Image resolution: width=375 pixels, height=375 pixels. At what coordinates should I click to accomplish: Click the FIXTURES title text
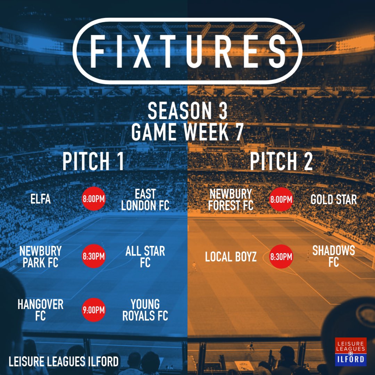[187, 51]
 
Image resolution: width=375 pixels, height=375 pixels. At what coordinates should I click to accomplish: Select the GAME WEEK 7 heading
[187, 132]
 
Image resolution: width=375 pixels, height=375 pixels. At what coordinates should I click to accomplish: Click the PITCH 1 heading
[93, 161]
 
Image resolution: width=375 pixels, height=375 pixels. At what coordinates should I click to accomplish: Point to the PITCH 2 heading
[281, 161]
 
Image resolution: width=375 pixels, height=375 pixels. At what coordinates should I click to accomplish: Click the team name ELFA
[40, 199]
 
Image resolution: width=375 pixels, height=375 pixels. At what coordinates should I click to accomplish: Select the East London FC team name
[145, 199]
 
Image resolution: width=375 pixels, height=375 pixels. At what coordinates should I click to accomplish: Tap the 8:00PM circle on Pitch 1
[93, 199]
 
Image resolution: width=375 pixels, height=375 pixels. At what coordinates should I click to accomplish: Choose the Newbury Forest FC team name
[231, 199]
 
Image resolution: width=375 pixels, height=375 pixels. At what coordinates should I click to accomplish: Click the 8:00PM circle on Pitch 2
[281, 199]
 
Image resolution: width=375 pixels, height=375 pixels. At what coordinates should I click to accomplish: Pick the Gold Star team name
[333, 199]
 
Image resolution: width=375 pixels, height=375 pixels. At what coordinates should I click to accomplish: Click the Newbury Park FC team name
[40, 257]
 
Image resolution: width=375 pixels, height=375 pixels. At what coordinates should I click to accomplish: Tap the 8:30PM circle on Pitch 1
[93, 257]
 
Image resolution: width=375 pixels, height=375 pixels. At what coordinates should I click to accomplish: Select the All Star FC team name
[145, 257]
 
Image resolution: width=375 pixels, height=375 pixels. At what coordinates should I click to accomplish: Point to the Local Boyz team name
[231, 257]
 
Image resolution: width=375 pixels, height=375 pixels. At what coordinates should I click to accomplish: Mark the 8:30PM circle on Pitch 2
[281, 257]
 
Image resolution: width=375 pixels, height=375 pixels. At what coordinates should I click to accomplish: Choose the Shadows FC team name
[333, 256]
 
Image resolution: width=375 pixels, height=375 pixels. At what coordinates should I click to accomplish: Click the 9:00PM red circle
[93, 310]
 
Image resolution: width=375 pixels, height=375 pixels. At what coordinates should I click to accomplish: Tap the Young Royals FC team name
[145, 310]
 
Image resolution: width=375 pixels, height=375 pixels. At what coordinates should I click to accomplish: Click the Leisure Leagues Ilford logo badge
[351, 351]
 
